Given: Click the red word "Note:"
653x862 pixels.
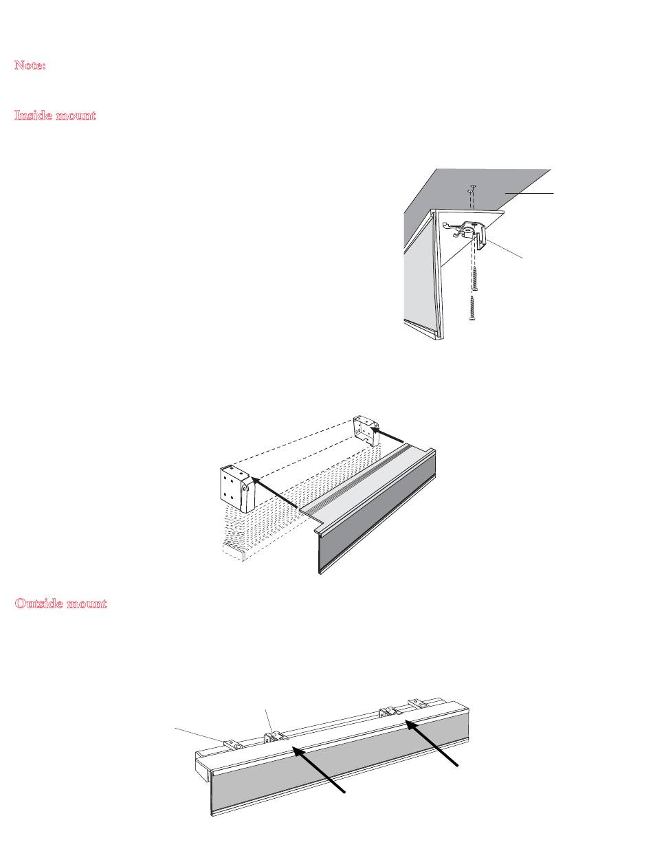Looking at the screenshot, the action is tap(30, 65).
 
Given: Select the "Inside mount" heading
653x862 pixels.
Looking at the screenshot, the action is tap(55, 115).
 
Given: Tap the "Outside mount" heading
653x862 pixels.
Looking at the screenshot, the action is tap(60, 604).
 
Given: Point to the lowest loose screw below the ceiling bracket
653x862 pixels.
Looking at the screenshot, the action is tap(472, 309).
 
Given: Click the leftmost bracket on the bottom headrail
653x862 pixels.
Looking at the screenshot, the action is tap(232, 743).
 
